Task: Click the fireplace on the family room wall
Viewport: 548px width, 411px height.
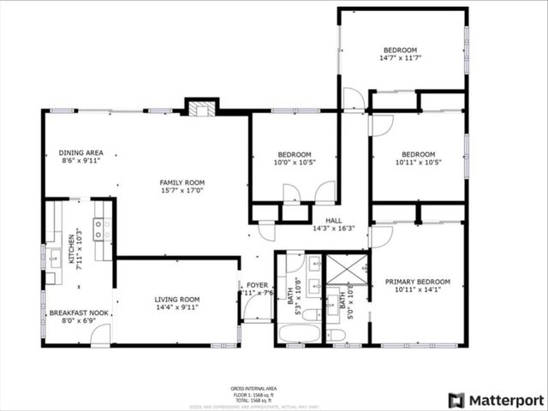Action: pos(202,109)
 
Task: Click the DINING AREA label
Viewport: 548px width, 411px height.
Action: pos(81,153)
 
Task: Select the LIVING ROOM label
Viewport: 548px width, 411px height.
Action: pos(177,300)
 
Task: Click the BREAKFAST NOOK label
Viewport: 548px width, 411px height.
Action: pos(79,313)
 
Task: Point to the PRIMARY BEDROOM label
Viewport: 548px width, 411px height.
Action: pos(417,282)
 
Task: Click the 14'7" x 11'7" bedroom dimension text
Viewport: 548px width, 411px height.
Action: pos(401,59)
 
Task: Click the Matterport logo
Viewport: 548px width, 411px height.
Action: pos(496,400)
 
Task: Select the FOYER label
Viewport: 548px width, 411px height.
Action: pos(257,285)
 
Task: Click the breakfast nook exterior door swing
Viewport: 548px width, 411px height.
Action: pos(100,336)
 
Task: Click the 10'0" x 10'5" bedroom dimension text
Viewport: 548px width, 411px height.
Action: pos(294,162)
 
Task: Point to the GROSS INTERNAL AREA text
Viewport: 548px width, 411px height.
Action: pos(254,389)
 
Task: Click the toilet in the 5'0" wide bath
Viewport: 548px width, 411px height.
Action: pos(337,334)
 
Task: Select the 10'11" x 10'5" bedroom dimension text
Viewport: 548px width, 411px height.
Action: pos(419,163)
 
